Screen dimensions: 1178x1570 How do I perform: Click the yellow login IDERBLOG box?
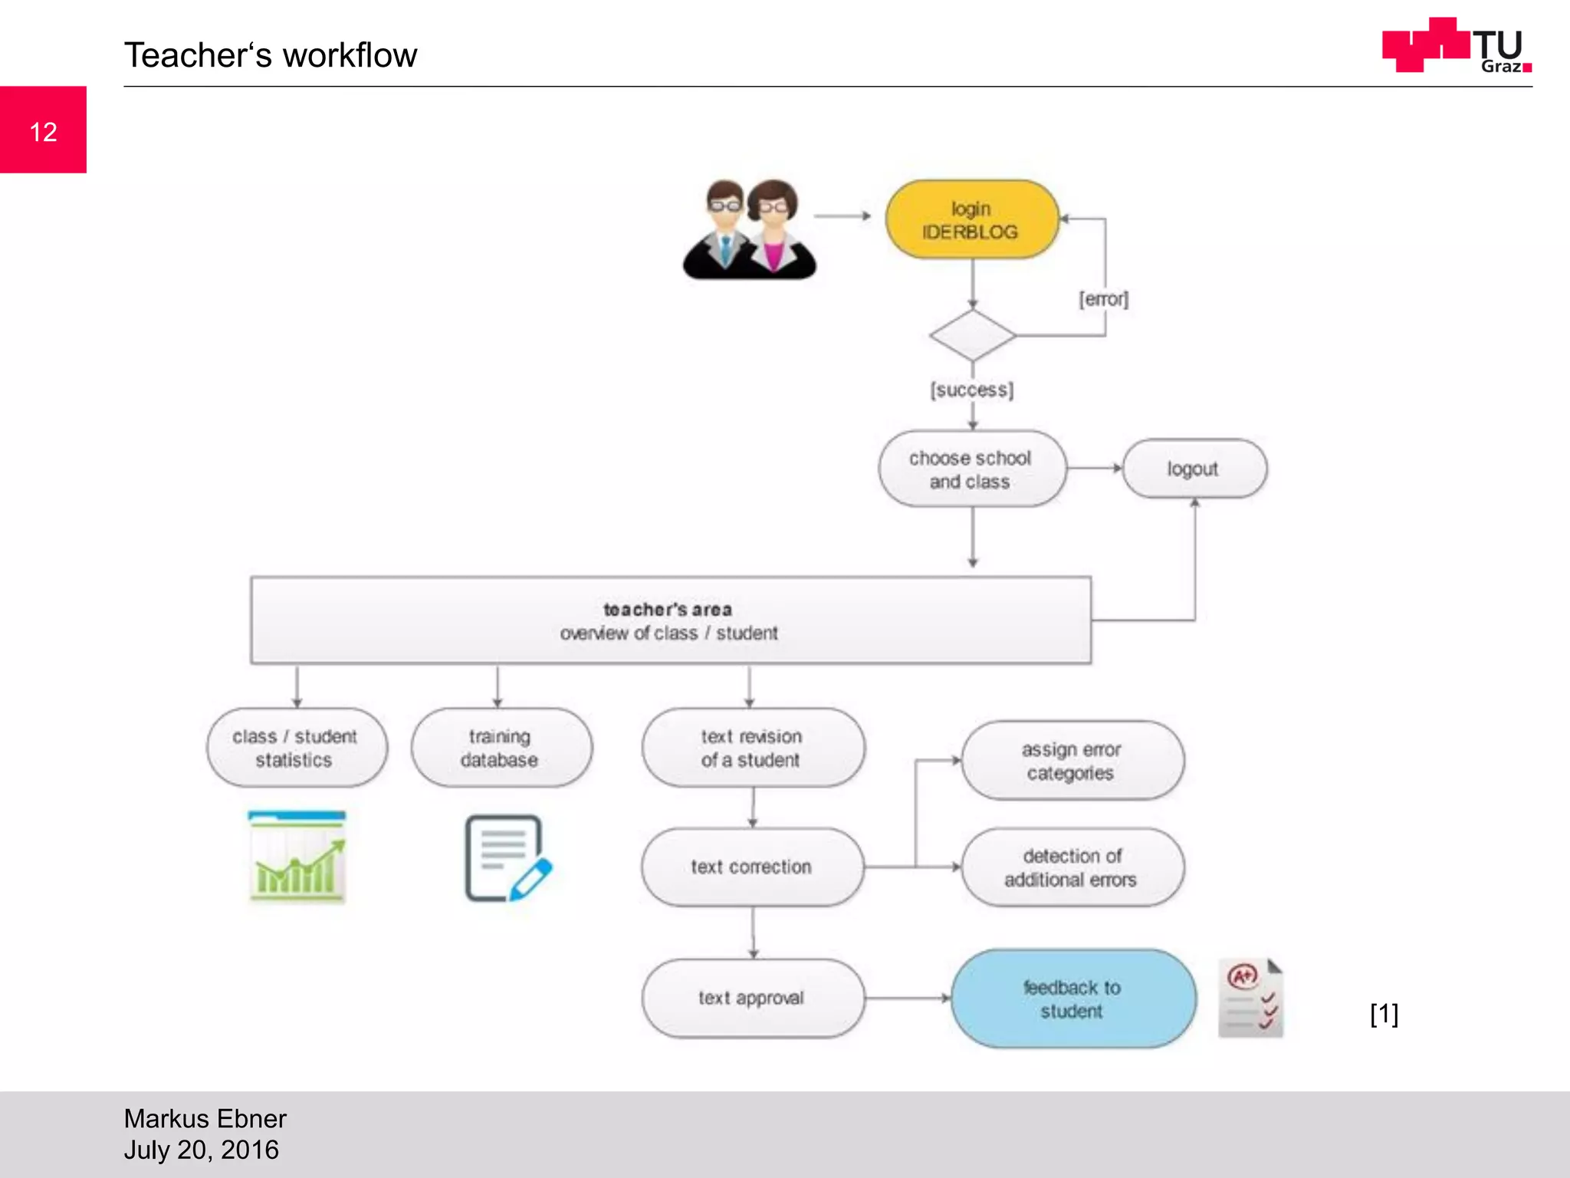click(971, 220)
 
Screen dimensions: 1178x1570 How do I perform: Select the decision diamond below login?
click(972, 336)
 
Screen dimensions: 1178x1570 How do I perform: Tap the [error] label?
click(1103, 298)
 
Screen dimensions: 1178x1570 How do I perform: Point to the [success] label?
click(971, 390)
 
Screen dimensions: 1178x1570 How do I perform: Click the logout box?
click(1194, 469)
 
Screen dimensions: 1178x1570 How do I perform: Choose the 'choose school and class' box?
click(971, 469)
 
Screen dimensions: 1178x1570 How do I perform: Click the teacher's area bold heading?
click(667, 609)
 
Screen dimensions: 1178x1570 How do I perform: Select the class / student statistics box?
click(296, 748)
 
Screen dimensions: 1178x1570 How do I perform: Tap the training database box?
click(501, 748)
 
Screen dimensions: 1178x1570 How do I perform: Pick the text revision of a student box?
click(752, 748)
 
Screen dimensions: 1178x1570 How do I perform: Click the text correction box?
click(752, 867)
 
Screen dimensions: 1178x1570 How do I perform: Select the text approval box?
click(752, 998)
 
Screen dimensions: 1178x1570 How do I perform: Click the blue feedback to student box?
click(1072, 999)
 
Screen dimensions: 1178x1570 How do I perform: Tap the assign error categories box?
click(1072, 761)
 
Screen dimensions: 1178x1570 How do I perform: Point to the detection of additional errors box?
click(1072, 867)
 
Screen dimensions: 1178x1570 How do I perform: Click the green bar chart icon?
click(297, 856)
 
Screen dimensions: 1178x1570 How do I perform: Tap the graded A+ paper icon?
click(1250, 998)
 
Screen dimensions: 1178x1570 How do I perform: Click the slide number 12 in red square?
click(43, 131)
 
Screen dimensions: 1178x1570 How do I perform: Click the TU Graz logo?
click(1456, 46)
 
